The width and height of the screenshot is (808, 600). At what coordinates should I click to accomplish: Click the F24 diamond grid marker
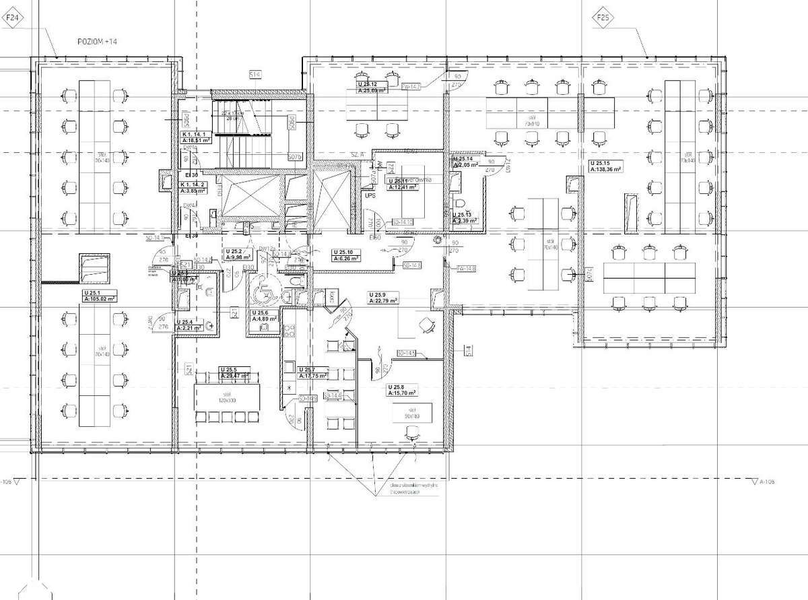click(11, 19)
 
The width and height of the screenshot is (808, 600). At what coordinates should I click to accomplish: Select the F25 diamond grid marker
click(601, 18)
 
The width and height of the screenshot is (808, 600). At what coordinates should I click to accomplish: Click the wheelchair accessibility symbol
click(264, 292)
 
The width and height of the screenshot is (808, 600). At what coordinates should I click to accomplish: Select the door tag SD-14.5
click(407, 352)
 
